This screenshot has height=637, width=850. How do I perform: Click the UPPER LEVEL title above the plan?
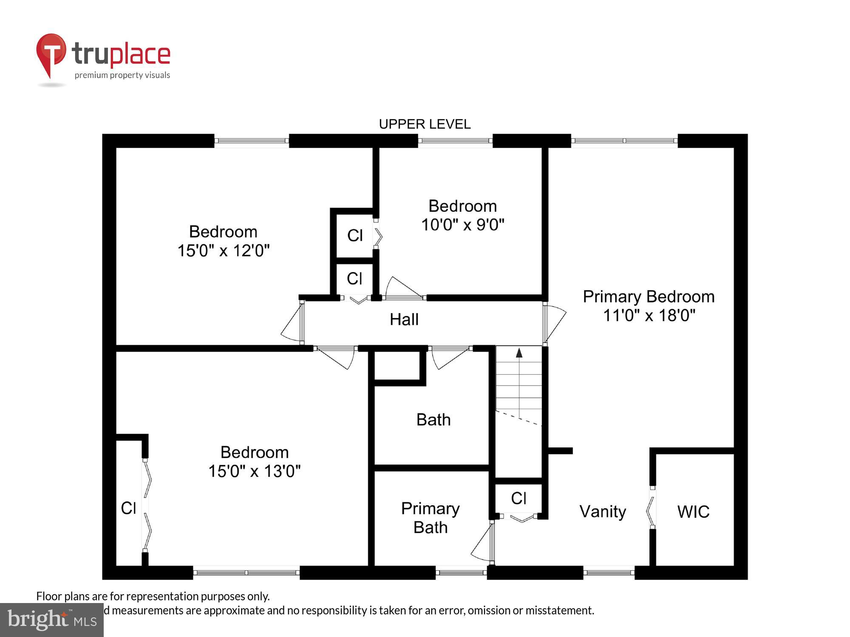click(x=425, y=124)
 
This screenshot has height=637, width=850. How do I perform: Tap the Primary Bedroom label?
click(x=649, y=296)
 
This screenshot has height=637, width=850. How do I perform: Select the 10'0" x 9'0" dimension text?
click(x=462, y=225)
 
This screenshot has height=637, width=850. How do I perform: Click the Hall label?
click(x=404, y=319)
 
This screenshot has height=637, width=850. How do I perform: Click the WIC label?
click(x=693, y=512)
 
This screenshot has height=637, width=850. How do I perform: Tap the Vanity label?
click(x=603, y=511)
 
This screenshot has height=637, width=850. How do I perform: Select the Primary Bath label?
click(x=430, y=518)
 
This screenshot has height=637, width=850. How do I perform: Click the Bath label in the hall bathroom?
click(x=433, y=420)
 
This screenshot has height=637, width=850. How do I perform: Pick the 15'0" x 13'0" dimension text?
click(x=254, y=471)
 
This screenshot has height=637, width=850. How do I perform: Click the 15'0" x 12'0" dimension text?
click(x=223, y=251)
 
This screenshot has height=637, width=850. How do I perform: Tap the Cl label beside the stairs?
click(x=518, y=498)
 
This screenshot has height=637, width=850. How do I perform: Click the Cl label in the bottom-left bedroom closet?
click(x=128, y=508)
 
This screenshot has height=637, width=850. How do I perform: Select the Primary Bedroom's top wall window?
click(x=624, y=141)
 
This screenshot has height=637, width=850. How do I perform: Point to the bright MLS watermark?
click(x=51, y=620)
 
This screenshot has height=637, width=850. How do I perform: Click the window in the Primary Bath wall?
click(x=461, y=572)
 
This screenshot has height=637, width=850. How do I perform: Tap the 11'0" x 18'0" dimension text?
click(x=649, y=316)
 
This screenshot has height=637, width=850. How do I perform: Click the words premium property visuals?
click(x=122, y=75)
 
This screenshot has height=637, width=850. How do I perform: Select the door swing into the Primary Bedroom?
click(x=555, y=323)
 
